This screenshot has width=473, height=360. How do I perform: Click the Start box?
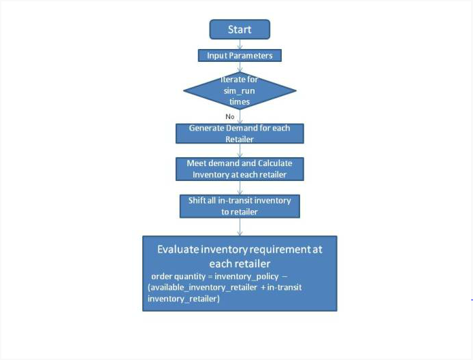[x=240, y=29]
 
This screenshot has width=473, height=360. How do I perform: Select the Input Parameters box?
[x=240, y=56]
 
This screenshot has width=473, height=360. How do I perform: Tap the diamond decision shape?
[x=240, y=91]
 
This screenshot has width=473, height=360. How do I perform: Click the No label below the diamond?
[x=230, y=116]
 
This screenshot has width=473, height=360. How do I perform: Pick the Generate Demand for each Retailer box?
[x=240, y=133]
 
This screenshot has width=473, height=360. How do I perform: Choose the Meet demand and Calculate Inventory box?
[x=240, y=169]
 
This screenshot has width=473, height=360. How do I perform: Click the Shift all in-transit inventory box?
[x=240, y=206]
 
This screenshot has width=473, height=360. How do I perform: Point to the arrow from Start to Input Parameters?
[x=240, y=44]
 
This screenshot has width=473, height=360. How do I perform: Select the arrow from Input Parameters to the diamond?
[x=240, y=67]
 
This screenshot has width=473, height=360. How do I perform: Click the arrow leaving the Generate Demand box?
[x=240, y=150]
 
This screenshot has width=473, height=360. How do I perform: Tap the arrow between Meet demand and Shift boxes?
[x=240, y=188]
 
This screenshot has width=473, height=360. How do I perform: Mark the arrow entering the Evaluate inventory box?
[x=240, y=227]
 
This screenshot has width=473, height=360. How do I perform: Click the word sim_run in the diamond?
[x=239, y=91]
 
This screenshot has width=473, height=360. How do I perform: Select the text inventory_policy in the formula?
[x=246, y=277]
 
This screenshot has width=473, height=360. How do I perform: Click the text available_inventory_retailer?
[x=203, y=288]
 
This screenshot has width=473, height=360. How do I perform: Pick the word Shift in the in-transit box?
[x=196, y=200]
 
